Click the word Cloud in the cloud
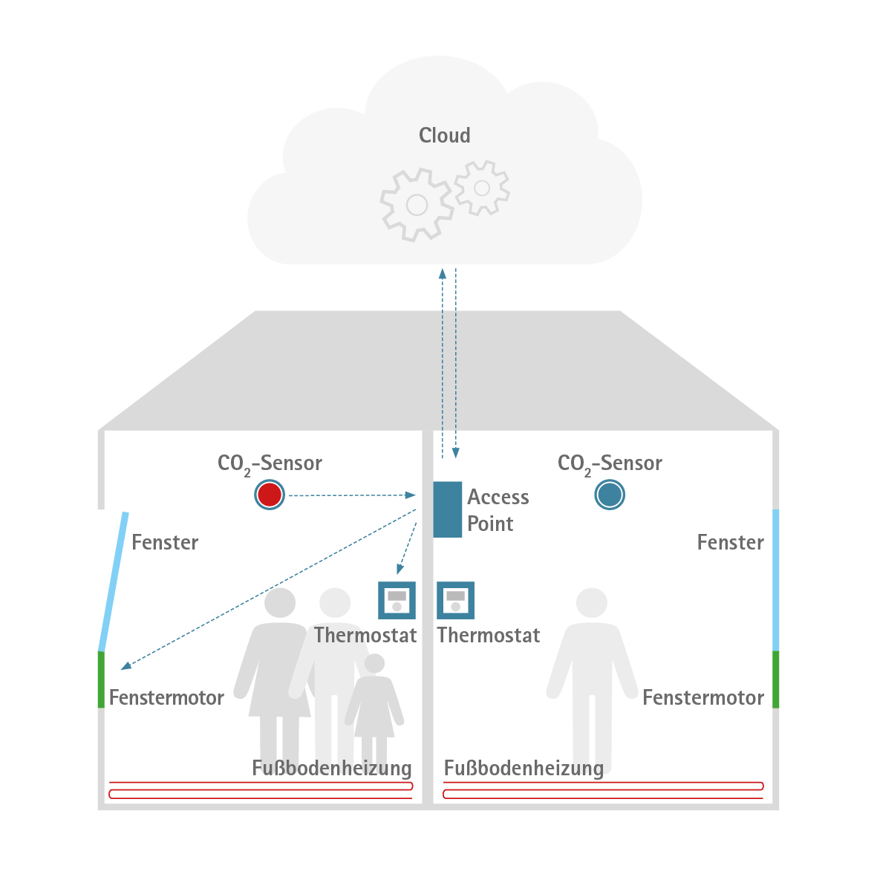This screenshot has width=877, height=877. point(444,135)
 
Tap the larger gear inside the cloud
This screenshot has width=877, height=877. point(416,204)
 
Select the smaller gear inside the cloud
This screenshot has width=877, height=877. point(482,188)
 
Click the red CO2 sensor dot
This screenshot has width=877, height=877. point(269,495)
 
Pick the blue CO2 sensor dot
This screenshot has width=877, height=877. point(610,495)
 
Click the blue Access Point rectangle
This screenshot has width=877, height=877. point(447,509)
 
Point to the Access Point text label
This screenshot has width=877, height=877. point(498,510)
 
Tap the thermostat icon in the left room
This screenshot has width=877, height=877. point(397,600)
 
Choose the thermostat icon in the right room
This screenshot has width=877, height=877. point(455,600)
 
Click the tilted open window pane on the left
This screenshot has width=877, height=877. point(114,581)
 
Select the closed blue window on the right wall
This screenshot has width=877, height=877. point(775,579)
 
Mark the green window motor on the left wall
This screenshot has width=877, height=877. point(101,679)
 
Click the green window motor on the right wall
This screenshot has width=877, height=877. point(775,679)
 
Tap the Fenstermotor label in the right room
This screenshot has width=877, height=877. point(702,697)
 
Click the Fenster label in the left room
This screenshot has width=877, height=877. point(165,542)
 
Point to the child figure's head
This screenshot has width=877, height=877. point(375,663)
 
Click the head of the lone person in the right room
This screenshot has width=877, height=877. point(592,603)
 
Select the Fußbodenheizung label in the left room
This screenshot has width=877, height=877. point(331,768)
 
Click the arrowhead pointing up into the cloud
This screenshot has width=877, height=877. point(443,273)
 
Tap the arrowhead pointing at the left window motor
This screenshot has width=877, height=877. point(126,665)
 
